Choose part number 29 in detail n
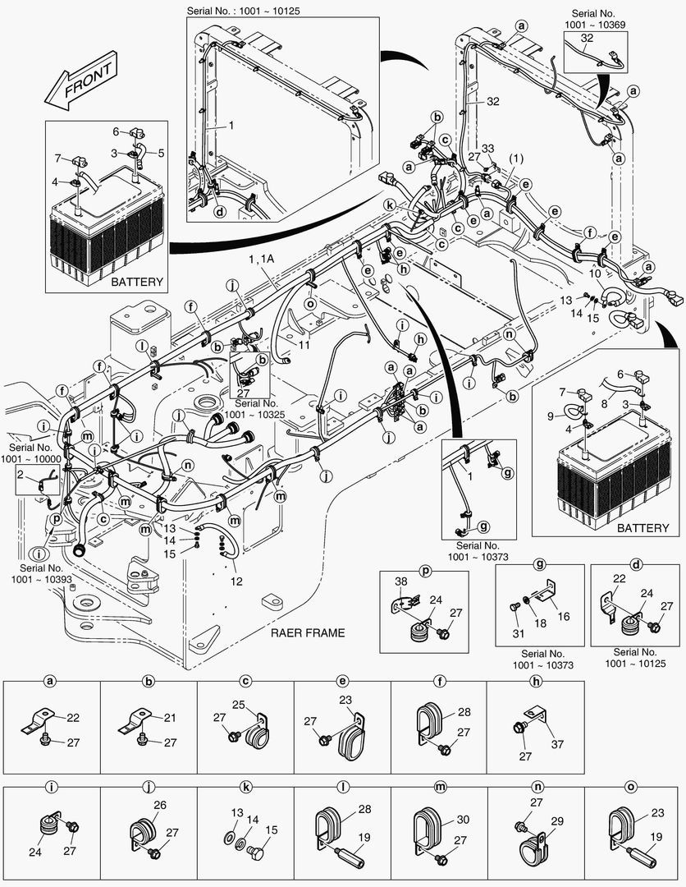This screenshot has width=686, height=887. pyautogui.click(x=558, y=820)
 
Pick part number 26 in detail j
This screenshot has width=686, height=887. pyautogui.click(x=160, y=806)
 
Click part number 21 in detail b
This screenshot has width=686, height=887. pyautogui.click(x=170, y=718)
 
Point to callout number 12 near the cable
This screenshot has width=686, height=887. pyautogui.click(x=236, y=581)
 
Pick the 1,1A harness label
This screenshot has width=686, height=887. pyautogui.click(x=262, y=259)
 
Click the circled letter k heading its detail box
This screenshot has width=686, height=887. pyautogui.click(x=245, y=786)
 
